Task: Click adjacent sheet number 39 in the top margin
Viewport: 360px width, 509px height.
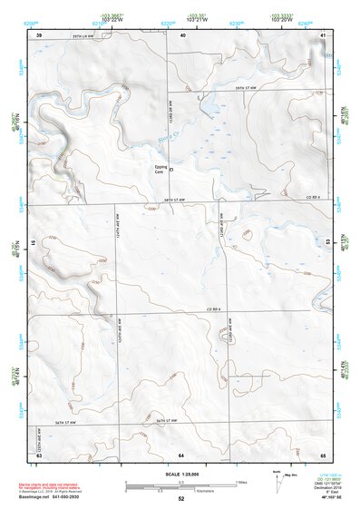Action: coord(39,34)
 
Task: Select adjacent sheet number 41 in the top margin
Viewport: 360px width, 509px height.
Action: coord(324,34)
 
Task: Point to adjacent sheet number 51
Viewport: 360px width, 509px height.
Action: coord(35,244)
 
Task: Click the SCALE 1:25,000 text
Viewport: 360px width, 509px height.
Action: coord(181,475)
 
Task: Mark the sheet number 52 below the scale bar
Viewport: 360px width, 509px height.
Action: coord(181,500)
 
